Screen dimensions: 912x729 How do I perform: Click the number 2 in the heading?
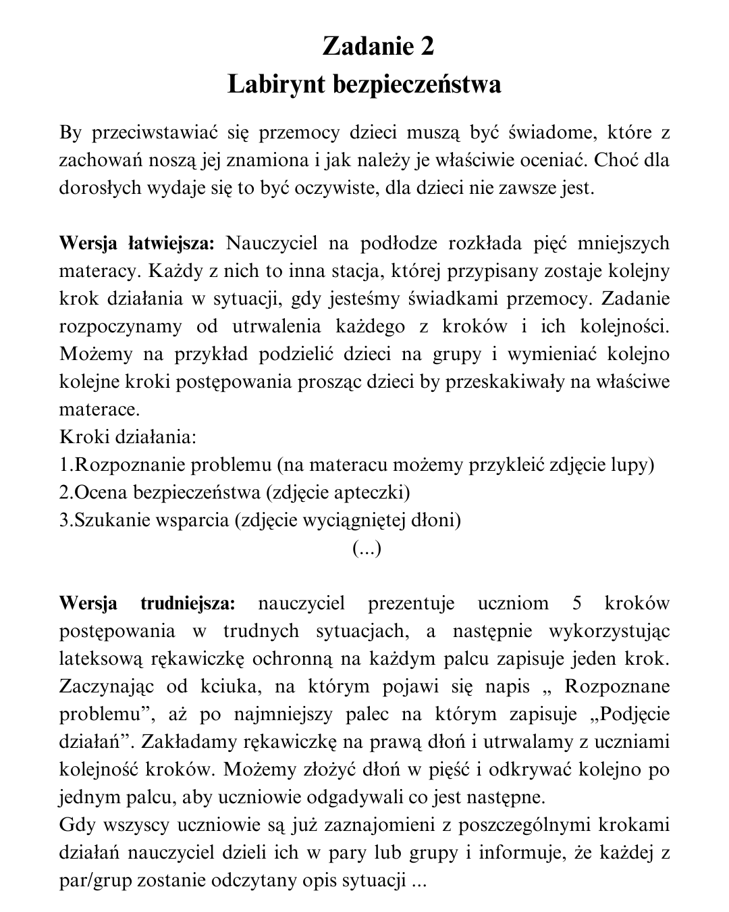[x=425, y=46]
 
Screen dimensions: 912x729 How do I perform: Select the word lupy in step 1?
[x=633, y=465]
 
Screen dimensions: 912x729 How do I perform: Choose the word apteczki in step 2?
[x=372, y=492]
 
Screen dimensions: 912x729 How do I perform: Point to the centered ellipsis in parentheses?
[x=367, y=549]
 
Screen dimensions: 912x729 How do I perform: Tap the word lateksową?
[x=95, y=659]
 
